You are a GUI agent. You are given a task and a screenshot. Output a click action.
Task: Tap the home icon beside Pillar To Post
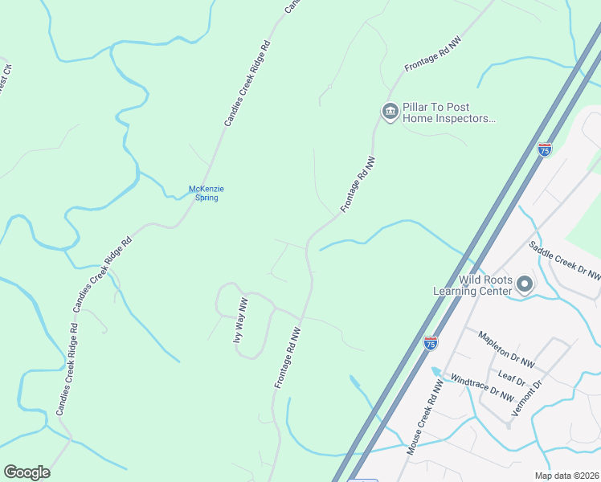tap(390, 111)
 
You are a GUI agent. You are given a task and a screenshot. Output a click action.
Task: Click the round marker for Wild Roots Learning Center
tap(525, 284)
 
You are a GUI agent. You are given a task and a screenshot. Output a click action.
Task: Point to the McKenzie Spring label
tap(206, 193)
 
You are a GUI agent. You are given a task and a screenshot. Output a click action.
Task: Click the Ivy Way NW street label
tap(239, 321)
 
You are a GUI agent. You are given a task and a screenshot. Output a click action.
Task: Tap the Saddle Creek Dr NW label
tap(565, 259)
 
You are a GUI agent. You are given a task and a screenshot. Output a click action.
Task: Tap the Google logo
tap(27, 472)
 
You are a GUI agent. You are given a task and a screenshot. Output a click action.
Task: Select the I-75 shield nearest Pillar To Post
tap(544, 149)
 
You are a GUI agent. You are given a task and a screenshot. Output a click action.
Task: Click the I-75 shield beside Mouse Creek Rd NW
tap(431, 342)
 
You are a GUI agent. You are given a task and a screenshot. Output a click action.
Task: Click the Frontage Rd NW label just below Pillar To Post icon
tap(358, 185)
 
